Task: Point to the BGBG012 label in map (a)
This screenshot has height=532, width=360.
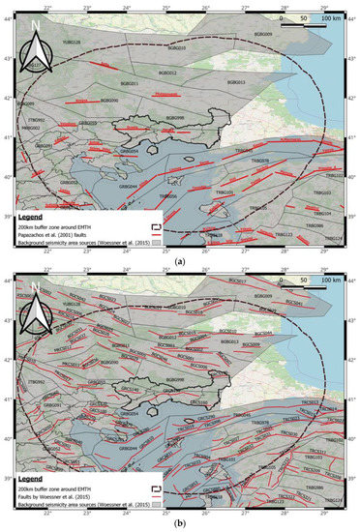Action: tap(167, 73)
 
